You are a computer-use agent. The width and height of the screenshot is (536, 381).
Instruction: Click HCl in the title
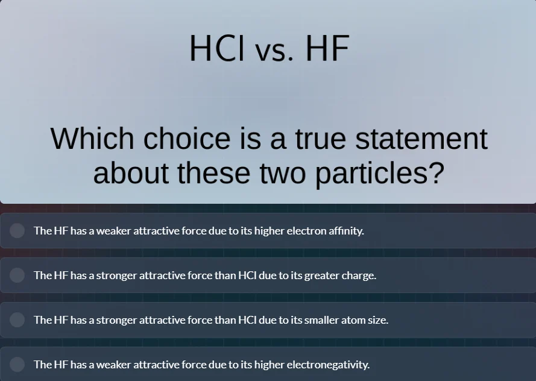(x=216, y=48)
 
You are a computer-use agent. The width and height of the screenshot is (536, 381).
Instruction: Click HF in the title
(x=327, y=48)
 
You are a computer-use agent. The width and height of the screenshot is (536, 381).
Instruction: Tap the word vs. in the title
(x=274, y=51)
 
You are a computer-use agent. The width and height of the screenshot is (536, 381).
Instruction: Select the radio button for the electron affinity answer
(x=17, y=230)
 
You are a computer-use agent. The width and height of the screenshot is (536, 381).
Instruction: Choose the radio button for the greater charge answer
(x=17, y=275)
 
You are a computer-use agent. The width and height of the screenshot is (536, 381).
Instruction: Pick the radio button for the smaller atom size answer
(x=17, y=320)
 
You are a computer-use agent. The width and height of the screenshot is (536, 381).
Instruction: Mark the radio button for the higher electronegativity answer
(x=17, y=364)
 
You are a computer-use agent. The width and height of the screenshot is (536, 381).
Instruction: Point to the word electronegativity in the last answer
(x=327, y=364)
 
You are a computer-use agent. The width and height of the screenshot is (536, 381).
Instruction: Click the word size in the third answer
(x=377, y=320)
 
